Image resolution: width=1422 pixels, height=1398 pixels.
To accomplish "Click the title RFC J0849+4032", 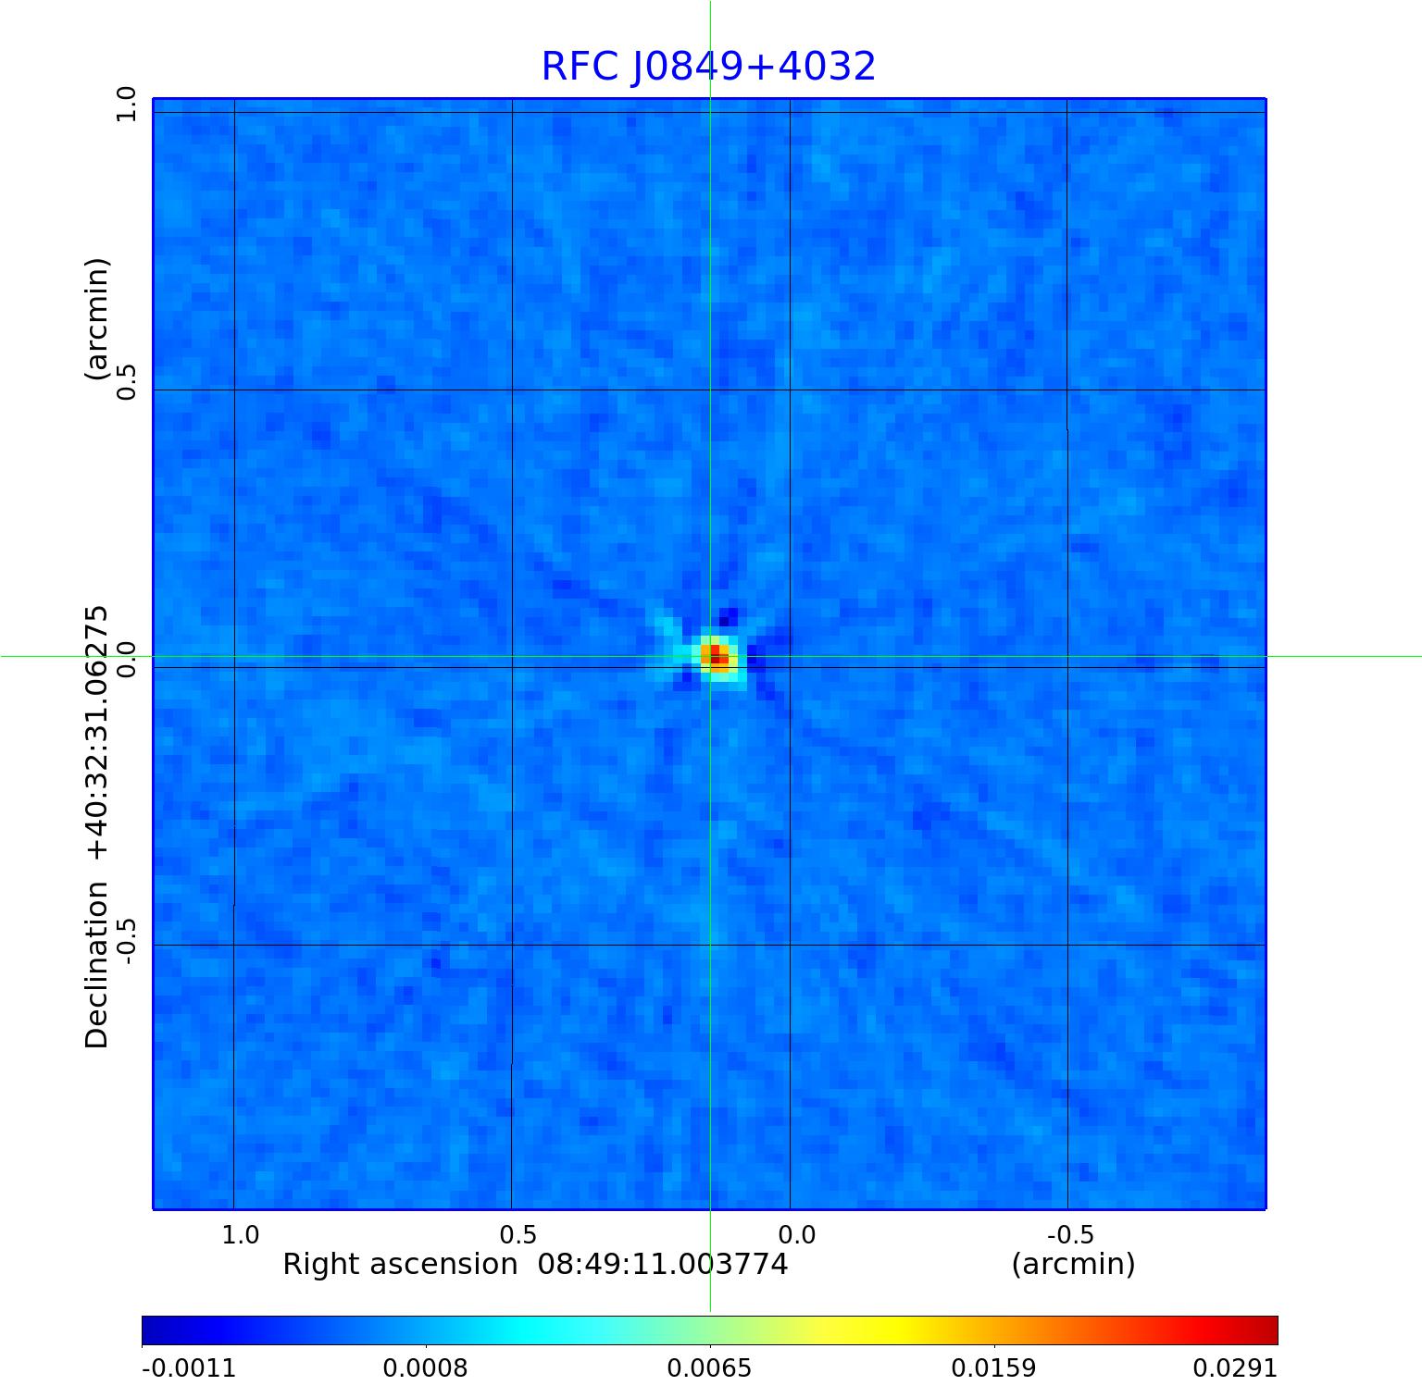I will coord(708,67).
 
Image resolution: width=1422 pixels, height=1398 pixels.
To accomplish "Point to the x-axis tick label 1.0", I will coord(241,1234).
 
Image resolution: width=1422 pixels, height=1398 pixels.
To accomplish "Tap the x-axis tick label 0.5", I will coord(518,1234).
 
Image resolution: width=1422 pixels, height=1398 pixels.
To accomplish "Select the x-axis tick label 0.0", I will coord(796,1234).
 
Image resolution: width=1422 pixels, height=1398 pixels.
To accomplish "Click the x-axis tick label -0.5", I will coord(1070,1234).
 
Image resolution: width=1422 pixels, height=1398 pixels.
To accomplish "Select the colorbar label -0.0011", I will coord(189,1368).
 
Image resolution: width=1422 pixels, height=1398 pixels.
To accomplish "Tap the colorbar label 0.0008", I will coord(425,1368).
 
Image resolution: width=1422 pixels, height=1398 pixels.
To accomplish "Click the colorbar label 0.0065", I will coord(709,1368).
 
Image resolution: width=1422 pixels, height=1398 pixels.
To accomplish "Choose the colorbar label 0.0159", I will coord(993,1368).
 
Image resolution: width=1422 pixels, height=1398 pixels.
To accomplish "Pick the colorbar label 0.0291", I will coord(1235,1368).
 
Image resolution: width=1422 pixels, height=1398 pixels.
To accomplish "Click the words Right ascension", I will coord(400,1264).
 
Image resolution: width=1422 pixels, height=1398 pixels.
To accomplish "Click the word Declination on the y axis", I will coord(96,965).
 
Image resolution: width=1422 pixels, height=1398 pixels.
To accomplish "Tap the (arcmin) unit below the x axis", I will coord(1073,1264).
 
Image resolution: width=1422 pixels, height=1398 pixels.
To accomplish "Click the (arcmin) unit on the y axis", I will coord(96,319).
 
